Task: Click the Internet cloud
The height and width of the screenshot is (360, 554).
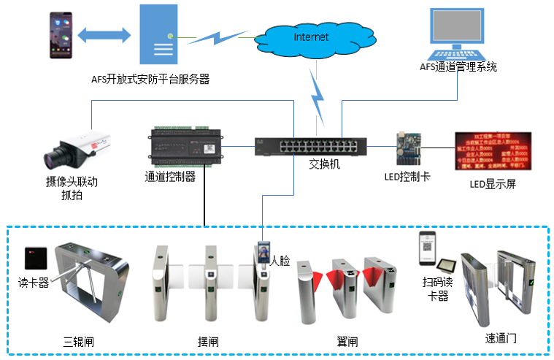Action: (x=309, y=37)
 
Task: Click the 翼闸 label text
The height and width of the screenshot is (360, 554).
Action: (x=347, y=341)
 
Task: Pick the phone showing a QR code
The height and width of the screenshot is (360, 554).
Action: (x=427, y=251)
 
